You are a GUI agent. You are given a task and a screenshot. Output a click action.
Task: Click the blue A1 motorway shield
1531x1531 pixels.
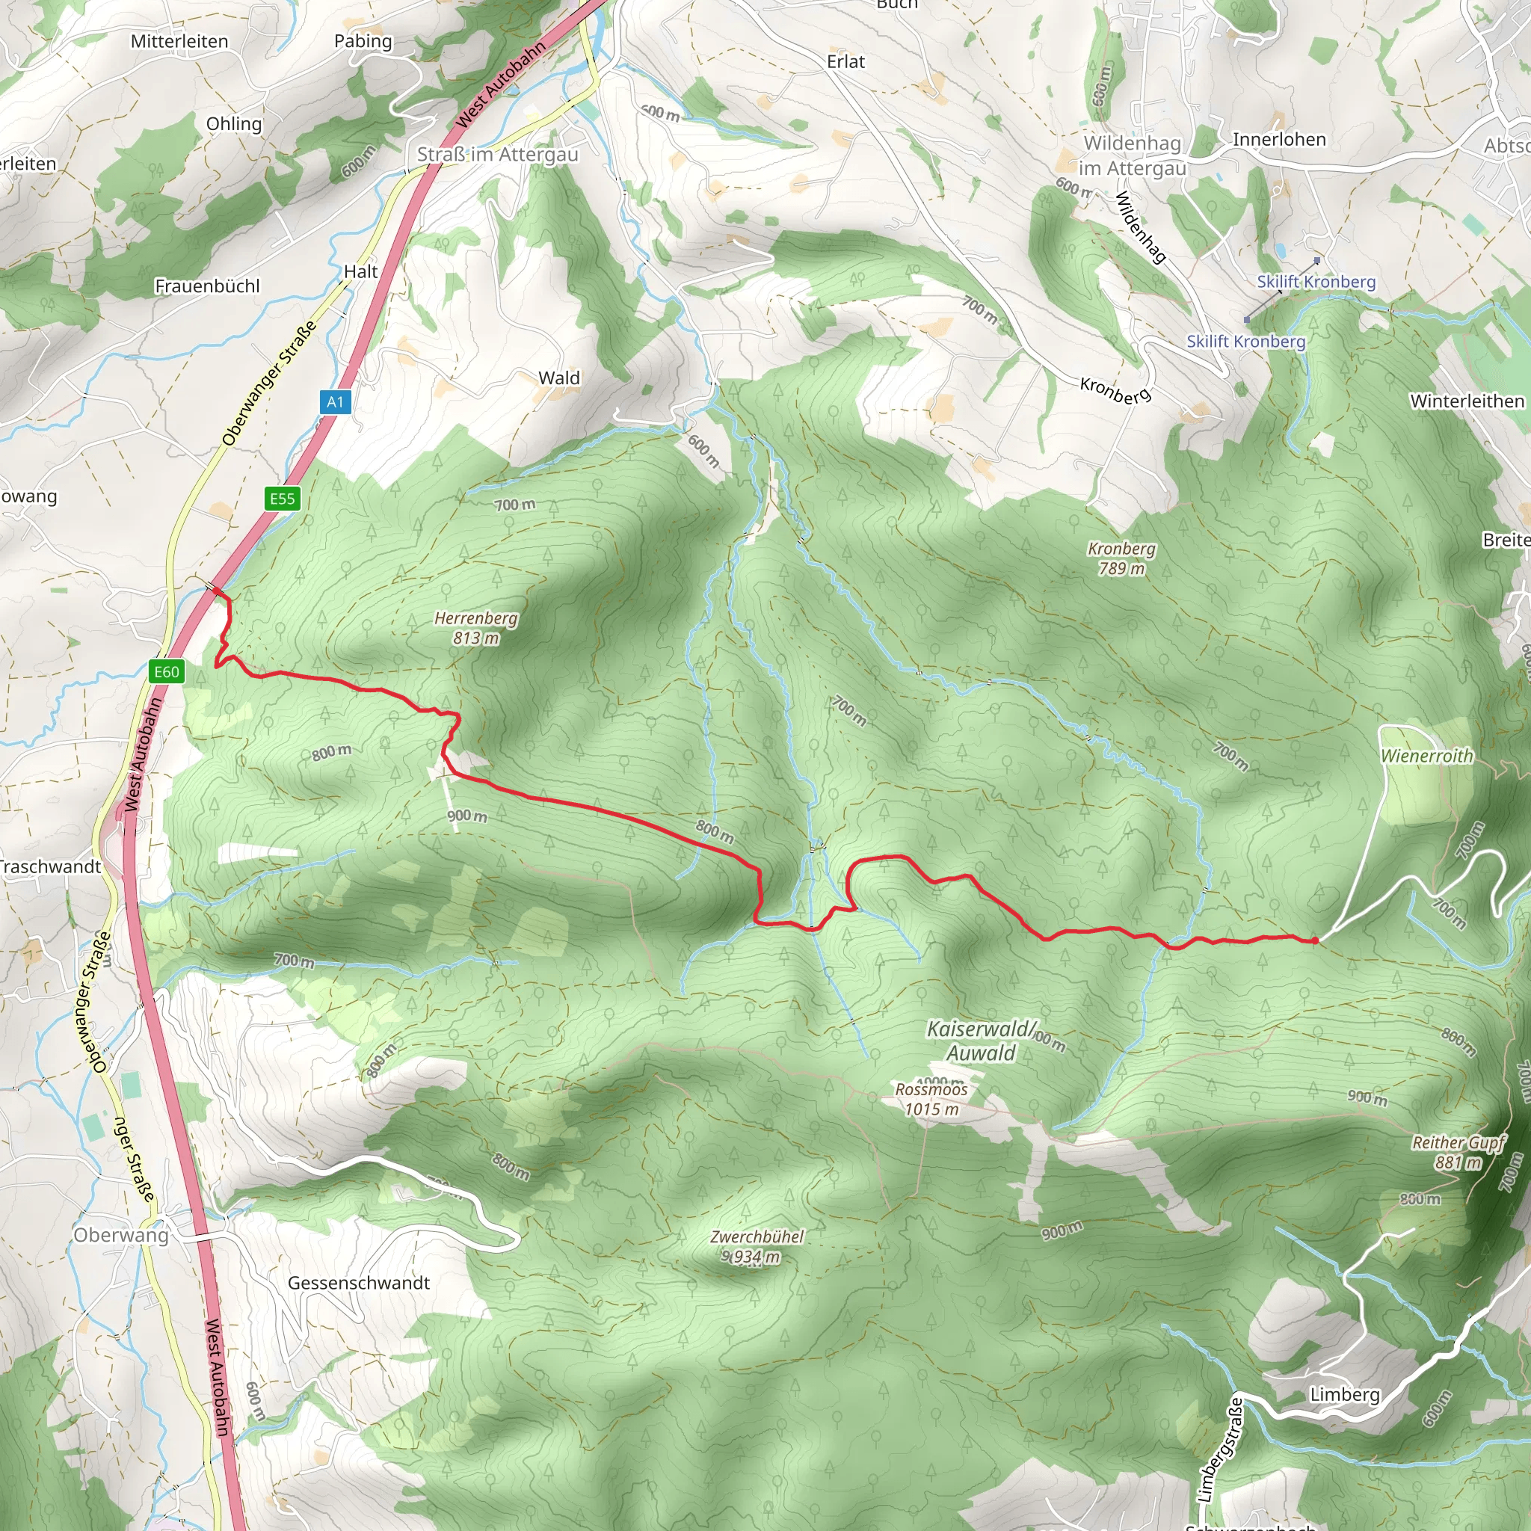pos(335,401)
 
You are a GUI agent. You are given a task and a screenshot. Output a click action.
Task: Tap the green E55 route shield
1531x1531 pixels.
pos(282,499)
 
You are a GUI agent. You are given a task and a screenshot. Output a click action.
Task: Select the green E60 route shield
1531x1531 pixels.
pos(167,672)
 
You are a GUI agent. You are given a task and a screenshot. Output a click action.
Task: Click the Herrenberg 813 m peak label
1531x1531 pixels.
pos(475,628)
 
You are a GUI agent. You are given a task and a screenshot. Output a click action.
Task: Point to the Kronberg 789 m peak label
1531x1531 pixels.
pos(1121,558)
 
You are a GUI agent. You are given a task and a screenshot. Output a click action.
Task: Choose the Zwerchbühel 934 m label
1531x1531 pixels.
pos(756,1246)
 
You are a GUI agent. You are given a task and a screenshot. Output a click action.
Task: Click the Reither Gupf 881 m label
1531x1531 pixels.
pos(1458,1152)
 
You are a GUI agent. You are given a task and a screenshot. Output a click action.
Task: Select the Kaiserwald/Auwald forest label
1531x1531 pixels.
pos(981,1041)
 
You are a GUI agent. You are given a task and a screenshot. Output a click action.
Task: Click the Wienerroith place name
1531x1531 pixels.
pos(1426,756)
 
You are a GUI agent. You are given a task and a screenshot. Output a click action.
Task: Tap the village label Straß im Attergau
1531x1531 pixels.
pos(498,155)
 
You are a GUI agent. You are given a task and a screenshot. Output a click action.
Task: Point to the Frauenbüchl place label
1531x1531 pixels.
pos(207,286)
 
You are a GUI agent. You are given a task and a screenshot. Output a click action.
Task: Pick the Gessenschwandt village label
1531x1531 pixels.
pos(358,1282)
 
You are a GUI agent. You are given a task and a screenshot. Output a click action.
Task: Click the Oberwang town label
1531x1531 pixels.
pos(121,1235)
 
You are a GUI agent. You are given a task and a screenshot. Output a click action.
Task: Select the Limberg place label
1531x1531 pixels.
pos(1345,1394)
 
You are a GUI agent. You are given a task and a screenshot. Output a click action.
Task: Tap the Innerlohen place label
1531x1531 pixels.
pos(1279,140)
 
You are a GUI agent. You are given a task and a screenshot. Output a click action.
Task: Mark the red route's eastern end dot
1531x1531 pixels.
pos(1316,940)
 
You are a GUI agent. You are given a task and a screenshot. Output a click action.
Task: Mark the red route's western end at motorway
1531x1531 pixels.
pos(216,591)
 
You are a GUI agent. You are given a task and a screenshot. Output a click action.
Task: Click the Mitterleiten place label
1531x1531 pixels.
pos(179,41)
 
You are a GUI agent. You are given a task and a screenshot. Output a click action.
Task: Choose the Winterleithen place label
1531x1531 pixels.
pos(1467,401)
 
